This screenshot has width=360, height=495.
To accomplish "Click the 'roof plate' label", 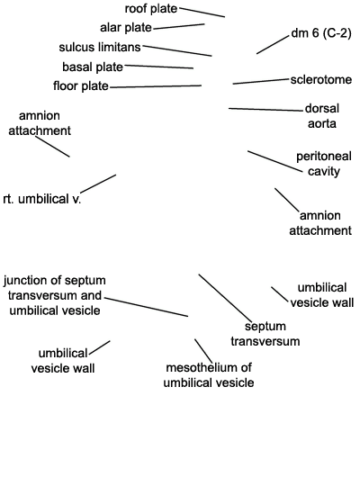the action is tap(151, 9).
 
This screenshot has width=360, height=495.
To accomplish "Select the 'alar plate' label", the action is tap(126, 28).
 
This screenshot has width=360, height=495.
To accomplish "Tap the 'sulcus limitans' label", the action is tap(100, 48).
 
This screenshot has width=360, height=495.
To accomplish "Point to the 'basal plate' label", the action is tap(93, 67).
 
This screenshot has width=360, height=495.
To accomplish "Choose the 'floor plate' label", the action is tap(81, 85).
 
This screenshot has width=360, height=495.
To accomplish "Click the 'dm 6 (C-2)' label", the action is tap(321, 32).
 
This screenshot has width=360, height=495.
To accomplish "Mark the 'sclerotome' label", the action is tap(321, 79).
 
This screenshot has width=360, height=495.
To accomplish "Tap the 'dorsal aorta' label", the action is tap(322, 116).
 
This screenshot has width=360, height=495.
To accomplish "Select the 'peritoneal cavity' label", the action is tap(324, 164).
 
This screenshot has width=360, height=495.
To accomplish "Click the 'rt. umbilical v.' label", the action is tap(42, 199).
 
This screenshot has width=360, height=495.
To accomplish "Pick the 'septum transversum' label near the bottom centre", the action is tap(265, 334).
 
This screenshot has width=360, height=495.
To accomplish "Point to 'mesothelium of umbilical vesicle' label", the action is tap(209, 375).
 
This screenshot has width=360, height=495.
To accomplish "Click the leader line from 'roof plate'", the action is tap(202, 12).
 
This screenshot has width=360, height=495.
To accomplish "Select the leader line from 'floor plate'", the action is tap(156, 86).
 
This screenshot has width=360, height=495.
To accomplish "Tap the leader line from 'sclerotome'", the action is tap(261, 81).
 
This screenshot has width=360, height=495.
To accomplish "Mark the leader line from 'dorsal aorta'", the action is tap(265, 110).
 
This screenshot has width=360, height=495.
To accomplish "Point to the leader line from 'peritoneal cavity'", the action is tap(274, 161).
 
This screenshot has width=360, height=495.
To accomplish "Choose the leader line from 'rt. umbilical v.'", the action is tap(98, 183).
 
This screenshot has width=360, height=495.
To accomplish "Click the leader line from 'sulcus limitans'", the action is tap(177, 50).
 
